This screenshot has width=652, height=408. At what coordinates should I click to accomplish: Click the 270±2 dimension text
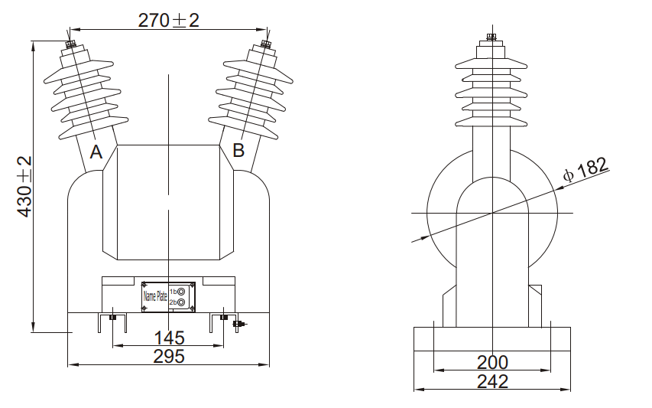pos(168,21)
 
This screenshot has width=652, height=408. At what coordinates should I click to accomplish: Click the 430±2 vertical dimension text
pos(24,187)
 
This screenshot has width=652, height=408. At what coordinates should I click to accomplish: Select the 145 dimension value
pos(169,338)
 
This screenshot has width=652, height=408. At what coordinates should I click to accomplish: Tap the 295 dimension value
pos(169,356)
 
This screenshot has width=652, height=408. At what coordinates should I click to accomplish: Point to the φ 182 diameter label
pos(585,169)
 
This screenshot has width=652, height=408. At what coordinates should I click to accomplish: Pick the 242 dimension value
pos(492,381)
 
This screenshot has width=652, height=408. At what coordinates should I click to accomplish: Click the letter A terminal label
pos(96,152)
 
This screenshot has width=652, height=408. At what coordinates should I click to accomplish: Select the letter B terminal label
pos(238,150)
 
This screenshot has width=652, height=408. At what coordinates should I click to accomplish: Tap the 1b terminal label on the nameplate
pos(174,292)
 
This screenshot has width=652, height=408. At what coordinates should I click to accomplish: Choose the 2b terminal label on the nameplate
pos(174,302)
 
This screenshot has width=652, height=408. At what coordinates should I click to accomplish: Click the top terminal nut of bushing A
pos(70,44)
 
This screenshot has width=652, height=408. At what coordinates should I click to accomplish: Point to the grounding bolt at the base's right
pos(239,325)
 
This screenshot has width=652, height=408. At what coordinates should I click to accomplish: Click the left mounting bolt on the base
pos(113,317)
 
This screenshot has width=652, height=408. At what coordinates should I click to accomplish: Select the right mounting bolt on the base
pos(223,317)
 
